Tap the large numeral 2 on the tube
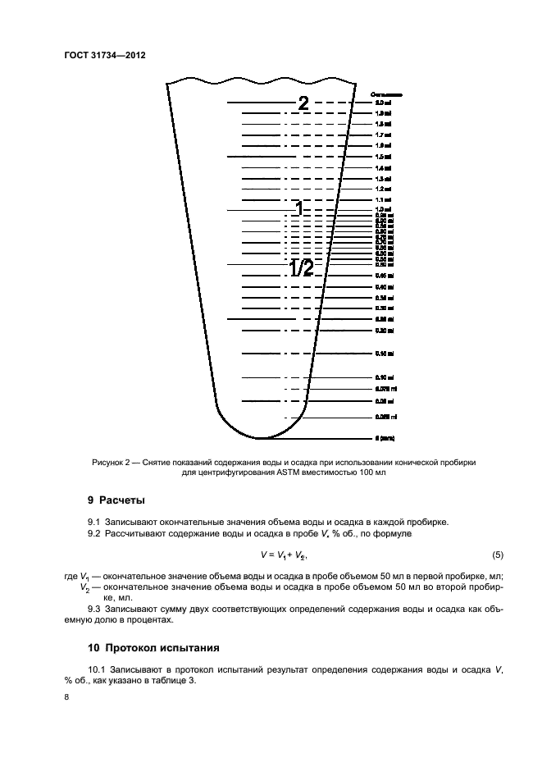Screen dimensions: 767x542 [x=303, y=103]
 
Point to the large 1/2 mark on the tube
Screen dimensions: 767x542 [x=301, y=268]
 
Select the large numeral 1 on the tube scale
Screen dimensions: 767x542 [x=300, y=209]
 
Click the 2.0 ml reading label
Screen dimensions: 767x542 [x=383, y=103]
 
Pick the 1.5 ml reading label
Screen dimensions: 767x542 [x=383, y=156]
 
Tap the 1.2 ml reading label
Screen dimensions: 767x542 [x=383, y=189]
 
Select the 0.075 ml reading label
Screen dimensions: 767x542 [x=385, y=389]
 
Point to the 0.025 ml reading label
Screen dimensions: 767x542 [x=385, y=417]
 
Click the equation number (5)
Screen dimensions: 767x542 [x=498, y=555]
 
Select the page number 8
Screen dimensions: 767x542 [x=66, y=696]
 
